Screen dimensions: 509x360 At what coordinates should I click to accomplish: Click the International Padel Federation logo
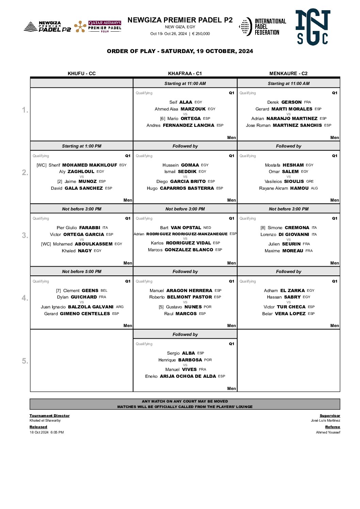pos(262,27)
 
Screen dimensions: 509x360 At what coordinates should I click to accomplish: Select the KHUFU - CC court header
pos(82,73)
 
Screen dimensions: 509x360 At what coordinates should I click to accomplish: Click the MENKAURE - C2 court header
pos(288,73)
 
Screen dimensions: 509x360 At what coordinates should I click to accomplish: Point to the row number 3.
pos(25,235)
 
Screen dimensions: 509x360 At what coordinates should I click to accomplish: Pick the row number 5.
pos(25,361)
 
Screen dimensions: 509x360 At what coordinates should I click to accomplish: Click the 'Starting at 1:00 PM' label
pos(82,146)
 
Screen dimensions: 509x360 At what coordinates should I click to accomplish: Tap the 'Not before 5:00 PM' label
pos(82,272)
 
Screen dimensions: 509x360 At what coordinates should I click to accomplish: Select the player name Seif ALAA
pos(181,102)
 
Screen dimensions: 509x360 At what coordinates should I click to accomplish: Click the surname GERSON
pos(291,102)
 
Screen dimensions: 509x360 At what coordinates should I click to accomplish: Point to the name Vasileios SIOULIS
pos(284,181)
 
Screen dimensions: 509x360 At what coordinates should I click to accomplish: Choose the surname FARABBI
pos(89,227)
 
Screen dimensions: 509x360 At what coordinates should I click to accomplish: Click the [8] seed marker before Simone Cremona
pos(263,227)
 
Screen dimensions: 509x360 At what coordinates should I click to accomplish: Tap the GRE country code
pos(310,181)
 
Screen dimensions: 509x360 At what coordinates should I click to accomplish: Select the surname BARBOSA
pos(190,360)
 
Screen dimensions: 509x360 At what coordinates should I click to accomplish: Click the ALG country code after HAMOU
pos(314,188)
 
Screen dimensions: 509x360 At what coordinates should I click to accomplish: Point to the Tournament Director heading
pos(49,415)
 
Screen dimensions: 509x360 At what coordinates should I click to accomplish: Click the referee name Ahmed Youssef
pos(328,432)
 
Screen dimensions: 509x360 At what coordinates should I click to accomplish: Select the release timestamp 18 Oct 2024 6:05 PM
pos(47,432)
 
